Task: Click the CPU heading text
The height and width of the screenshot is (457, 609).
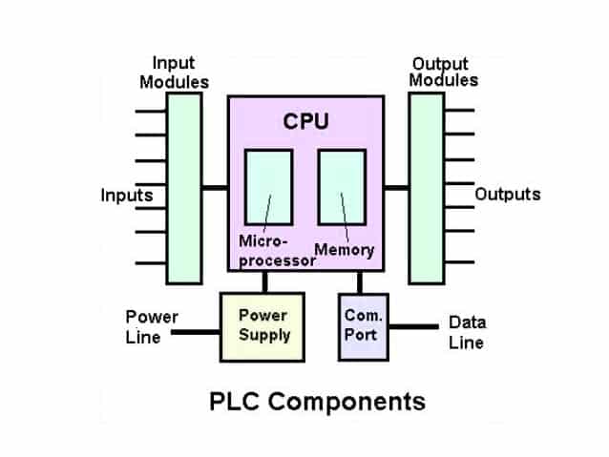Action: (305, 121)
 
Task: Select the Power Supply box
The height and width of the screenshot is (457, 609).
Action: (262, 325)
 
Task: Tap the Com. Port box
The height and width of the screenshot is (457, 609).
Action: (364, 325)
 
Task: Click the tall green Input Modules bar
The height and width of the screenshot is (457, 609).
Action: (183, 187)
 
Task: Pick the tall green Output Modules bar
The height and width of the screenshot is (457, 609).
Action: (427, 187)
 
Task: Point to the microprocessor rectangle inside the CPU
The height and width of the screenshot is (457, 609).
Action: (268, 188)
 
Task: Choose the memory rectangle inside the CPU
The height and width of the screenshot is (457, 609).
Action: (342, 188)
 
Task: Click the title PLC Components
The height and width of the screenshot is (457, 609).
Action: (317, 401)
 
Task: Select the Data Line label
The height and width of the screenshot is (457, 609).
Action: (467, 332)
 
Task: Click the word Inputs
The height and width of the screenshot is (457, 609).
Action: (127, 197)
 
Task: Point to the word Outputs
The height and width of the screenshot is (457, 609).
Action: (508, 195)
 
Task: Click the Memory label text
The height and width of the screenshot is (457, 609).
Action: (344, 250)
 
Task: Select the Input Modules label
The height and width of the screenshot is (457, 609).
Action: (174, 73)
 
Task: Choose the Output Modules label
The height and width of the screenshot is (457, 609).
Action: (443, 73)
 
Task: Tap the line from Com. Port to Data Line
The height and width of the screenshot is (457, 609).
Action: (412, 327)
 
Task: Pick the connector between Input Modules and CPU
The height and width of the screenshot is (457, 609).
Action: (215, 187)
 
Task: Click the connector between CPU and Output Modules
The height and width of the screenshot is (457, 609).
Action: (395, 187)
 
